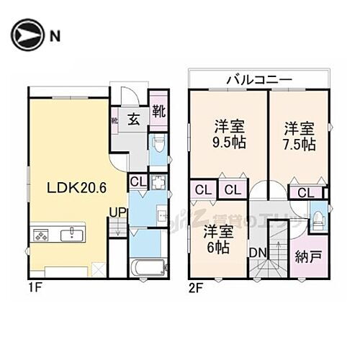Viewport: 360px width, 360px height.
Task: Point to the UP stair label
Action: [117, 212]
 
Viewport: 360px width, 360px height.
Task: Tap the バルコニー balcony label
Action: [259, 78]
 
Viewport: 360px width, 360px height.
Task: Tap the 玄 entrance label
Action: [135, 119]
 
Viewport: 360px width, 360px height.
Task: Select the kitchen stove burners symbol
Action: [40, 235]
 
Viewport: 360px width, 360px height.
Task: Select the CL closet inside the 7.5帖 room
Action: [305, 192]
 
